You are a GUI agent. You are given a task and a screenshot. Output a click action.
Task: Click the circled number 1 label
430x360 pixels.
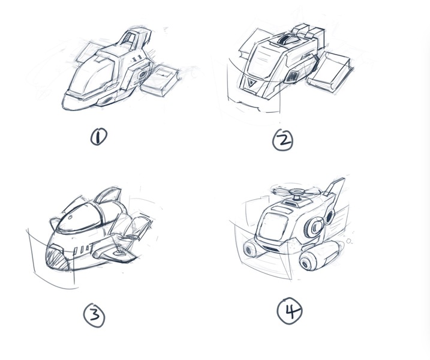[99, 137]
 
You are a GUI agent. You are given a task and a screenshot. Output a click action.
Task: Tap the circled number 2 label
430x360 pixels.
[282, 140]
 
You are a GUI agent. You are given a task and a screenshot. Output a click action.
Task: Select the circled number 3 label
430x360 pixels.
[94, 315]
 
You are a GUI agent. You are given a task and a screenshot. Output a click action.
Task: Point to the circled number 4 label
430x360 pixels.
[290, 311]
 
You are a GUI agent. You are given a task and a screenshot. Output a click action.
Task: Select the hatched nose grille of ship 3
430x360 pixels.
[56, 257]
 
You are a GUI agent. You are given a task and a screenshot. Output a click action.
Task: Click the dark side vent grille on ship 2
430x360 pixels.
[293, 76]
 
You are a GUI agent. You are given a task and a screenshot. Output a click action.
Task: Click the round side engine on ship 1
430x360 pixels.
[143, 74]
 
